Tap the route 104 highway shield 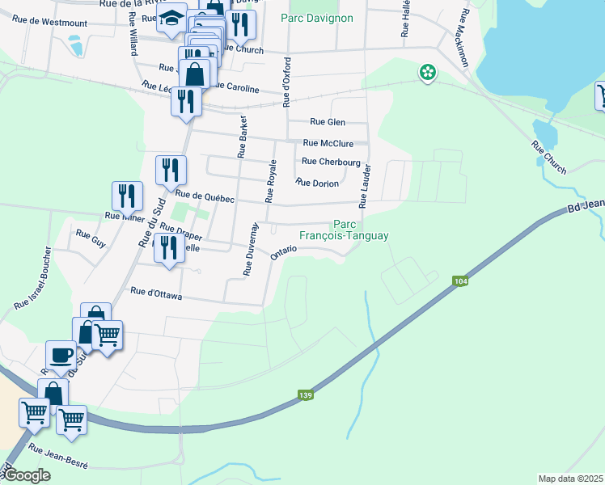[460, 280]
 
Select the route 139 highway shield [305, 394]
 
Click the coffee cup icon [61, 355]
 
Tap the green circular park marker [427, 74]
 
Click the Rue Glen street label [328, 122]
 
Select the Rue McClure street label [328, 143]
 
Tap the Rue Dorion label [317, 183]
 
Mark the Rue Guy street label [91, 238]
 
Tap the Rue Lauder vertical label [366, 186]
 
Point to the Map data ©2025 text [570, 479]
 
